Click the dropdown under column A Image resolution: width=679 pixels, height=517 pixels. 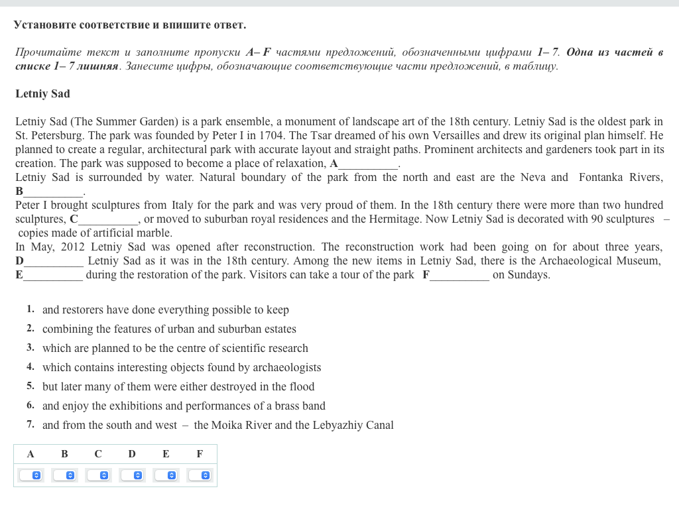(x=31, y=475)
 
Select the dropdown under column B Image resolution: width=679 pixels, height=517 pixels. (x=64, y=475)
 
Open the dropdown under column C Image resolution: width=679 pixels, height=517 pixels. (x=98, y=475)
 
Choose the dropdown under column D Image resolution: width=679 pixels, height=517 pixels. (x=132, y=475)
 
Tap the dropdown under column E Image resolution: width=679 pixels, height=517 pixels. (x=166, y=475)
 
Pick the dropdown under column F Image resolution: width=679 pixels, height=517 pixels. (x=200, y=475)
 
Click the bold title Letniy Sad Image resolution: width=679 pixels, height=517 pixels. (x=42, y=94)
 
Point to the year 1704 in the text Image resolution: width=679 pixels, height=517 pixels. (x=273, y=136)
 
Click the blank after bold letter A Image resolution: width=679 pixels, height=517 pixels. (x=368, y=164)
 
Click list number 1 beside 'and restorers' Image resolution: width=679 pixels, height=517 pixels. (x=31, y=310)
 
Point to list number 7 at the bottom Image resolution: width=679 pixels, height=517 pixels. (x=31, y=425)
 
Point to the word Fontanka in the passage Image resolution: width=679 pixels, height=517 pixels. (x=606, y=178)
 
